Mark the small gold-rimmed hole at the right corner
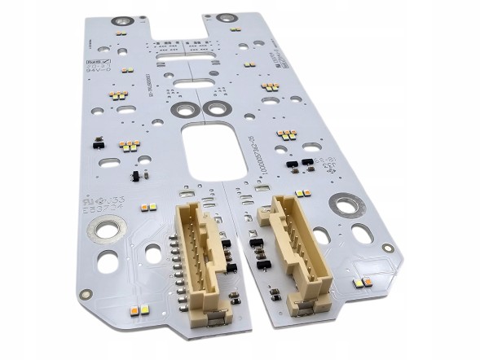(x=389, y=248)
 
